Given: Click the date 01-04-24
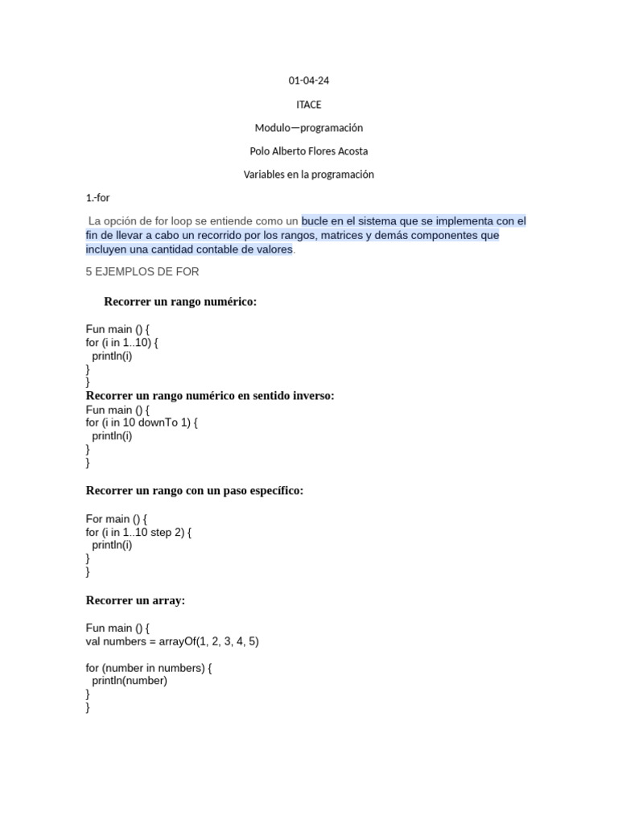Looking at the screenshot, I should (309, 80).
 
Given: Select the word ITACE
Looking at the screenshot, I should (309, 105).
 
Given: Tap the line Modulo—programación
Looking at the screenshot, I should (309, 128).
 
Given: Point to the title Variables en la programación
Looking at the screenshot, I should (309, 175).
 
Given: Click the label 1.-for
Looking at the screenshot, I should (97, 198).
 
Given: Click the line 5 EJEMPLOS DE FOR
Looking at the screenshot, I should (142, 272).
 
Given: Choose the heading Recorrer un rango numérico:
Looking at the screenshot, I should (180, 302).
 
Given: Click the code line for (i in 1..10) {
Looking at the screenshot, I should (122, 343).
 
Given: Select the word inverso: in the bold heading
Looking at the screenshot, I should (310, 396).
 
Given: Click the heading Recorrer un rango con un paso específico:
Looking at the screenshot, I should (195, 491).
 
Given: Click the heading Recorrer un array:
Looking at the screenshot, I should (136, 600).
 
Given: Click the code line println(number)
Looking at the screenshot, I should (129, 681).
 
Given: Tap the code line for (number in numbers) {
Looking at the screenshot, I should (149, 668).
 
